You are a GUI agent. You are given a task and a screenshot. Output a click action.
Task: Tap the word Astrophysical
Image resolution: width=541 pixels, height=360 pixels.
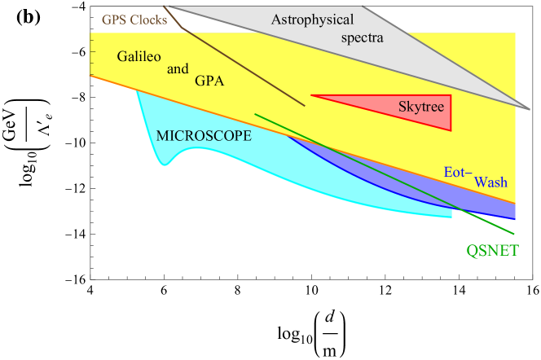coord(311,20)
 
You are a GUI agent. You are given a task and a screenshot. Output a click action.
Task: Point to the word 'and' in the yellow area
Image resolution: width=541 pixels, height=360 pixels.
coord(178,69)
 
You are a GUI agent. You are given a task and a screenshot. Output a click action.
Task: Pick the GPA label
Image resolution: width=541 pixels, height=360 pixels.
coord(209,81)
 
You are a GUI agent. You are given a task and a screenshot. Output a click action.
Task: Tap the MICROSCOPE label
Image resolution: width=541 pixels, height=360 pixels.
coord(204,136)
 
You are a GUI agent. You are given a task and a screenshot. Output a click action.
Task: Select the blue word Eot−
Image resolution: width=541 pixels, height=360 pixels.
coord(458,173)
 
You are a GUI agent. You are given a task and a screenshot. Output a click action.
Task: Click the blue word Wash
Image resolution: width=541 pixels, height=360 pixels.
coord(490,182)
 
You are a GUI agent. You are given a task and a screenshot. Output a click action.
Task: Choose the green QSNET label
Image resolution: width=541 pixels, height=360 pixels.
coord(492,251)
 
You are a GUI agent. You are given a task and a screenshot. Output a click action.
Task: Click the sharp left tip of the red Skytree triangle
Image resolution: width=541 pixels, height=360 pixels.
coord(311,95)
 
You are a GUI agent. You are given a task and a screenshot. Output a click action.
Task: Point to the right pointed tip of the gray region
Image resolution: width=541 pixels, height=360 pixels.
coord(530,109)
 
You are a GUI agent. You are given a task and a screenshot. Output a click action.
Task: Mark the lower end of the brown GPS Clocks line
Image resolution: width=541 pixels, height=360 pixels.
coord(306,106)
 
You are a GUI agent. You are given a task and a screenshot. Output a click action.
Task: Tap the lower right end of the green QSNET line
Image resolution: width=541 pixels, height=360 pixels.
coord(515,234)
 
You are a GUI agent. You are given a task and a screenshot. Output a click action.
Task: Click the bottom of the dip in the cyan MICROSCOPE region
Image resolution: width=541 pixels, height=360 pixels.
coord(165,165)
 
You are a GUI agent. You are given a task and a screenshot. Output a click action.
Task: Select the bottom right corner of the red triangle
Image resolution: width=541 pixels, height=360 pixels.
coord(451,130)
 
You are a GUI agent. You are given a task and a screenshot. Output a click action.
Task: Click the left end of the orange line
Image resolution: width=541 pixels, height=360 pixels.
coord(90,75)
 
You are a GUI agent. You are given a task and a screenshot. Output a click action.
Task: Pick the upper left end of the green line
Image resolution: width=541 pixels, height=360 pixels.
coord(255,114)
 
